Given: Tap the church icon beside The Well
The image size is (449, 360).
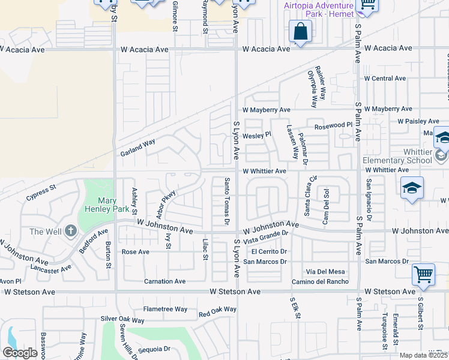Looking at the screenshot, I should tap(71, 231).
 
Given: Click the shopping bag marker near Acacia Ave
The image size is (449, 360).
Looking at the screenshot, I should tap(300, 31).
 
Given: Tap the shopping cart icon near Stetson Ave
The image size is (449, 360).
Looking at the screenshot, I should tap(423, 275).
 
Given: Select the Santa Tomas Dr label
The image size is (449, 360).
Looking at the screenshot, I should tap(228, 201).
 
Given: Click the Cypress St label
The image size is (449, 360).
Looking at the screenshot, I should tap(41, 192).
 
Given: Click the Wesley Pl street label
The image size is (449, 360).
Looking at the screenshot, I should tap(258, 136).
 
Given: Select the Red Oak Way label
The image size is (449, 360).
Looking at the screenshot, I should tap(217, 311).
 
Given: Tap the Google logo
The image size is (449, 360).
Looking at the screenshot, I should tap(20, 352).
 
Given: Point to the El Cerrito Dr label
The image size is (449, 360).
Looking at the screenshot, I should tap(269, 251).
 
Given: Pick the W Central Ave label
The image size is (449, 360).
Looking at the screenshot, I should tap(385, 79).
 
